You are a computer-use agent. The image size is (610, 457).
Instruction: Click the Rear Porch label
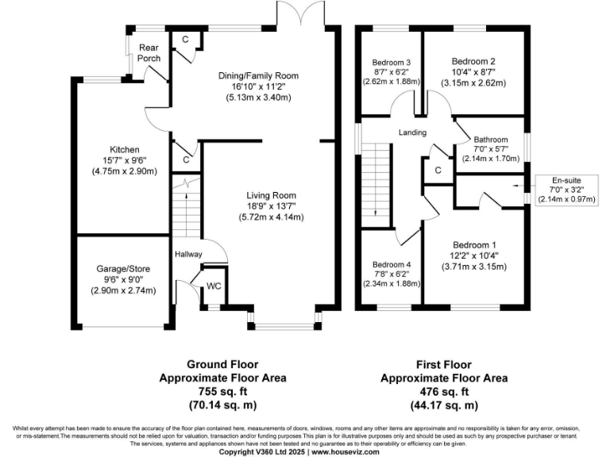tap(150, 53)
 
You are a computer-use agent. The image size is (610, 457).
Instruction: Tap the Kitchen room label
tap(125, 150)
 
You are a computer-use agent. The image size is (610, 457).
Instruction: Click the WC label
tap(214, 285)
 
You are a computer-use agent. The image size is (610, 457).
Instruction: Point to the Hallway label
tap(189, 254)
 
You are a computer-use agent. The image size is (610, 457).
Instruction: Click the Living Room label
tap(271, 195)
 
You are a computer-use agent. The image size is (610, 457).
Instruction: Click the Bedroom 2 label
tap(473, 61)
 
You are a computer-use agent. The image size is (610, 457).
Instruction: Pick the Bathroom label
tap(490, 140)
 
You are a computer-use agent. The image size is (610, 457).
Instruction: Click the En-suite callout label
tap(567, 181)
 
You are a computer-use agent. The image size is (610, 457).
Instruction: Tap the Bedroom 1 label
tap(474, 244)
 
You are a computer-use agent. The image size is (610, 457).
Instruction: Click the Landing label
tap(412, 132)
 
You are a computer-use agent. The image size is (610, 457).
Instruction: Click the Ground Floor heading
tap(223, 365)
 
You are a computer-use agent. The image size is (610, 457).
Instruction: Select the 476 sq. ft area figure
tap(444, 392)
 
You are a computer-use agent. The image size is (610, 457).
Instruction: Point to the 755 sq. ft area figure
tap(222, 392)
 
